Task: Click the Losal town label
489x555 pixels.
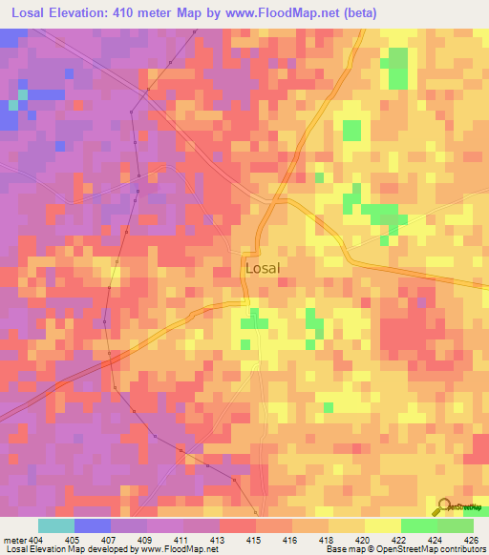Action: point(263,268)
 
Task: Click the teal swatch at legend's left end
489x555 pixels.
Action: point(56,525)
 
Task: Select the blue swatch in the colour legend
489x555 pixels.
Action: point(93,525)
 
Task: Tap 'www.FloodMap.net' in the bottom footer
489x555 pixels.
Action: point(178,548)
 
